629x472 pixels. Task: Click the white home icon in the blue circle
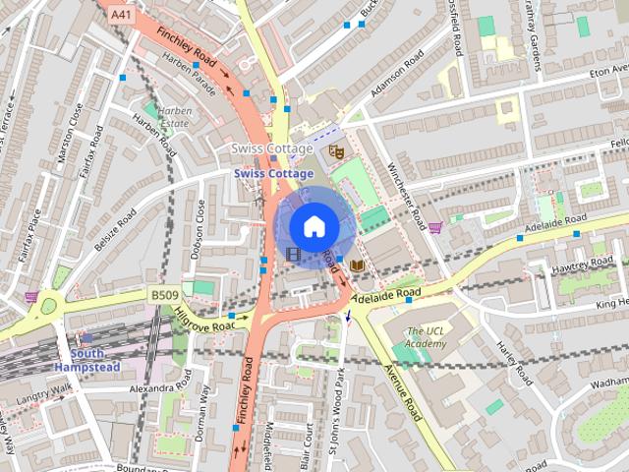click(x=314, y=226)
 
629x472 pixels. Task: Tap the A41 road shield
click(x=120, y=16)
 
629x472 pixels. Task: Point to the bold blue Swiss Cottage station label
click(x=273, y=173)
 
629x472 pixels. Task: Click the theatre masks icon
click(x=335, y=151)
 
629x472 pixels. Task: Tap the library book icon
click(x=358, y=265)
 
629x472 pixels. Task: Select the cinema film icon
click(x=293, y=254)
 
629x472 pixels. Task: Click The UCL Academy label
click(x=427, y=337)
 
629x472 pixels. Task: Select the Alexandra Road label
click(x=138, y=389)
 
